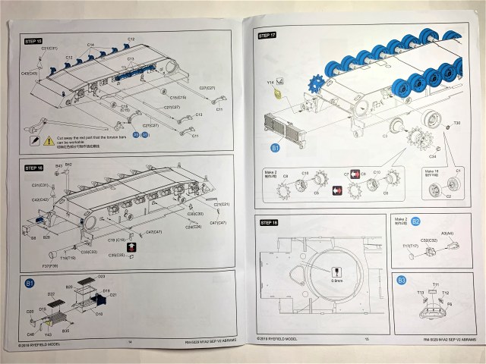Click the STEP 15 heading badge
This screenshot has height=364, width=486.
[x=34, y=40]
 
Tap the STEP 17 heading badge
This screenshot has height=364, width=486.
[x=268, y=36]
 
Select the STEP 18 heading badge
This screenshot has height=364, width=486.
[x=269, y=223]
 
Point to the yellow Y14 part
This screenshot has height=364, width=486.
[x=279, y=94]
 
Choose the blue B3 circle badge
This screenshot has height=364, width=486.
[x=401, y=281]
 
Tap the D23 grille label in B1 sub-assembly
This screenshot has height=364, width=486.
[x=101, y=277]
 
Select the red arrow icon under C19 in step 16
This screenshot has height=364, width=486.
[x=130, y=247]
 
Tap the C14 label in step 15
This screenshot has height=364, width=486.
[x=90, y=45]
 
